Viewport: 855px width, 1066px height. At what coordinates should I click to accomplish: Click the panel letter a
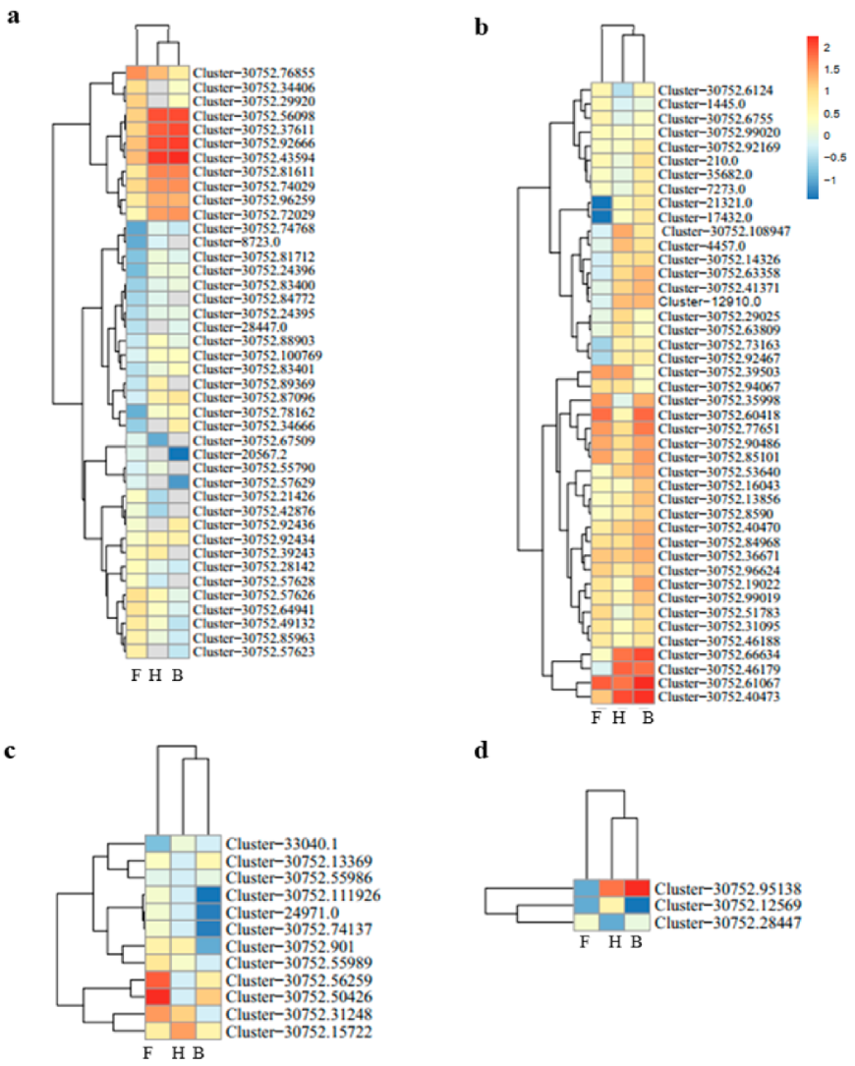14,19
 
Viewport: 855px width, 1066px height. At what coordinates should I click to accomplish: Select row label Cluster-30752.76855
254,72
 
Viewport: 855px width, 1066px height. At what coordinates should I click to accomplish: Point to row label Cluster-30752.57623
254,650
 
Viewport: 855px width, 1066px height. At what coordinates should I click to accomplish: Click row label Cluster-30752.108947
718,231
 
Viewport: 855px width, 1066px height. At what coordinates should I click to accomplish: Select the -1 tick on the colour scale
830,181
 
